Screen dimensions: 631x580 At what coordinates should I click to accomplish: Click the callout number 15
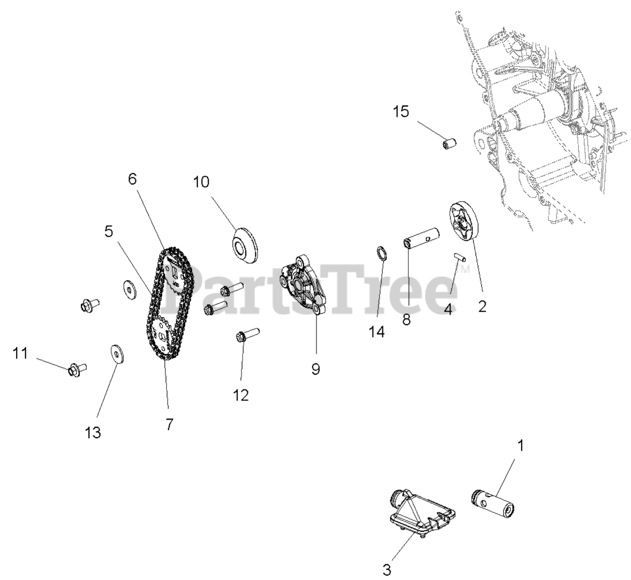(401, 112)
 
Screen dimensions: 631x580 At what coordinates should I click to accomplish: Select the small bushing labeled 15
(449, 144)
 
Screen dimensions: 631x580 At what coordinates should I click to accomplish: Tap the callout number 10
(201, 182)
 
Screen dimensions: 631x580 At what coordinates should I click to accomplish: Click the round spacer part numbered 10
(245, 245)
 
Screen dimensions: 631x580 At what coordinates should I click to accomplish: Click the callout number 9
(315, 368)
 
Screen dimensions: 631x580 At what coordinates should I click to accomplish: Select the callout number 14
(377, 331)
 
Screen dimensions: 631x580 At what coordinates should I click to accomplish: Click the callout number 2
(482, 306)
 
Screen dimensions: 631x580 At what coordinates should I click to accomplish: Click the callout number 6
(132, 179)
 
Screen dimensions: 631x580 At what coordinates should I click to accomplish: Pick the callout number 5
(109, 230)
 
